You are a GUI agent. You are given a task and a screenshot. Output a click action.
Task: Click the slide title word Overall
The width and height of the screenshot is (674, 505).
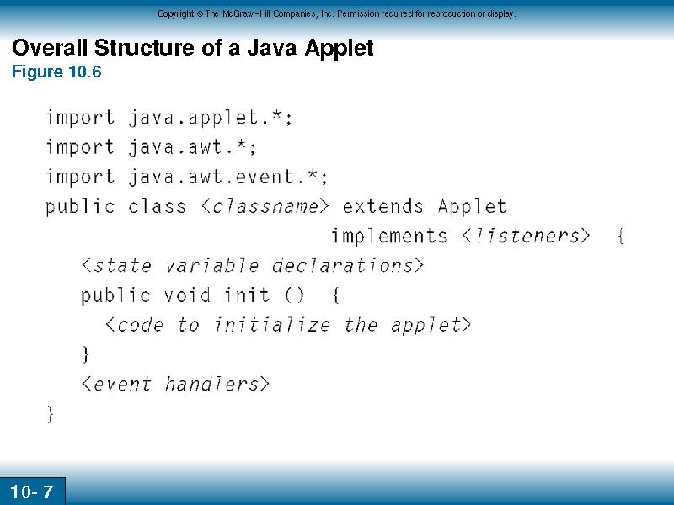pyautogui.click(x=50, y=47)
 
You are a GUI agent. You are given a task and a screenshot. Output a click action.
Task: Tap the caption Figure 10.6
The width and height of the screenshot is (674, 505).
pyautogui.click(x=56, y=72)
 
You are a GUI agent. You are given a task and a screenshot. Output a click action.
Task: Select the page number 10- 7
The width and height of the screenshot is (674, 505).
pyautogui.click(x=31, y=492)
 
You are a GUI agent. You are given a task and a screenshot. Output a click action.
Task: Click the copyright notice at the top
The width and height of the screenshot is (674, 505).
pyautogui.click(x=336, y=13)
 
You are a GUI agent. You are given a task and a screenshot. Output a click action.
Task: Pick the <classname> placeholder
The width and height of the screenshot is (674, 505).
pyautogui.click(x=265, y=206)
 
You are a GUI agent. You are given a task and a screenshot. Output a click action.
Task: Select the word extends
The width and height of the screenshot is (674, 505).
pyautogui.click(x=382, y=206)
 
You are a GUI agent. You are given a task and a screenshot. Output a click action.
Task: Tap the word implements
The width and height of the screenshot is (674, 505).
pyautogui.click(x=389, y=237)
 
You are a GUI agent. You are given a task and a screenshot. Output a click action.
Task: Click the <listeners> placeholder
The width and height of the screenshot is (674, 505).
pyautogui.click(x=526, y=237)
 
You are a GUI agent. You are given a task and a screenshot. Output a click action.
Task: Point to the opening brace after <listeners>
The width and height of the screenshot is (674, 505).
pyautogui.click(x=621, y=237)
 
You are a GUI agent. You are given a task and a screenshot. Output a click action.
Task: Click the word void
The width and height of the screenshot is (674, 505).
pyautogui.click(x=187, y=295)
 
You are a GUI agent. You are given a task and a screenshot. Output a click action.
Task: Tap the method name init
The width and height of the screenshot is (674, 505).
pyautogui.click(x=247, y=295)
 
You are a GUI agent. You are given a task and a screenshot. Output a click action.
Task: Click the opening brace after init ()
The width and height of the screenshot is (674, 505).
pyautogui.click(x=335, y=295)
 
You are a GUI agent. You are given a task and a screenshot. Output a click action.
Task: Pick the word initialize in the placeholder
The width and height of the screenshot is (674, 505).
pyautogui.click(x=272, y=325)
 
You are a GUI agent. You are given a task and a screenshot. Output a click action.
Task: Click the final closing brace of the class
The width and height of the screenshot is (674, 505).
pyautogui.click(x=51, y=414)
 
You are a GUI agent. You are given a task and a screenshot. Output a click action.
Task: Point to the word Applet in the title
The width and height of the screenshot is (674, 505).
pyautogui.click(x=339, y=48)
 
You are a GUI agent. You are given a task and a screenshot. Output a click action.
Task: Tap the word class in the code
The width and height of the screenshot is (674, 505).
pyautogui.click(x=158, y=206)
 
